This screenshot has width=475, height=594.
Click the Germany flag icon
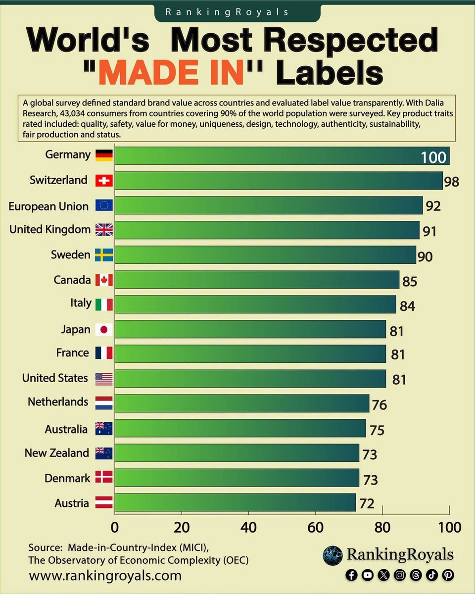point(103,155)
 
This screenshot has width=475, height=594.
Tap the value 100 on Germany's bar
point(433,158)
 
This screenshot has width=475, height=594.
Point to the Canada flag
point(103,280)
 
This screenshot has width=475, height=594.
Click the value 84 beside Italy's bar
point(407,306)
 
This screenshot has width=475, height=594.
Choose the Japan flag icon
point(103,330)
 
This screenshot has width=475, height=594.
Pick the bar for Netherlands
point(242,403)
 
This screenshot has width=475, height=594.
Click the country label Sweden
point(71,255)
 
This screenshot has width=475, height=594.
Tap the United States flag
point(103,379)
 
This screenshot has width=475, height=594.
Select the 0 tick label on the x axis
point(115,527)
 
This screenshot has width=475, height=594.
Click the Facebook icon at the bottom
point(351,575)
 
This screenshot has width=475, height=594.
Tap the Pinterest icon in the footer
point(448,575)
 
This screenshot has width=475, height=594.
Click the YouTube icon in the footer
point(367,575)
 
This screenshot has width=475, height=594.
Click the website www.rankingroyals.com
point(105,576)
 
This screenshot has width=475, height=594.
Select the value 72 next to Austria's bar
point(367,504)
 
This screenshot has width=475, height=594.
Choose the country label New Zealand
point(57,453)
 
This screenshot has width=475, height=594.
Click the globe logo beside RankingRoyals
point(332,555)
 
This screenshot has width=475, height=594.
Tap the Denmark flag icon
point(103,478)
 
